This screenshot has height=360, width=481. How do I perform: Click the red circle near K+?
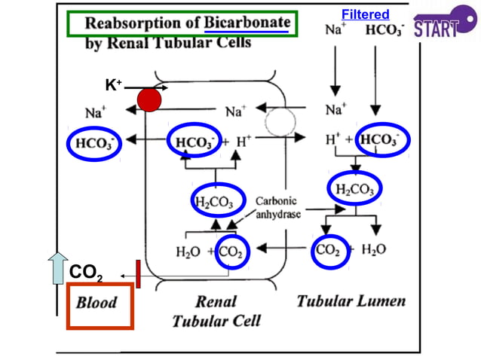click(150, 99)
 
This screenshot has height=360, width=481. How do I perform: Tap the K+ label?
click(114, 85)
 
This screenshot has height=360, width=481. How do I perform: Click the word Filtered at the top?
click(365, 14)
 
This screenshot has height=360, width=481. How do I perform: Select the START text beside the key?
click(436, 29)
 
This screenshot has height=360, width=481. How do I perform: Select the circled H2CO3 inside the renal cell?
click(216, 202)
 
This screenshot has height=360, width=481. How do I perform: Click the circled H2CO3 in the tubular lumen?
click(354, 189)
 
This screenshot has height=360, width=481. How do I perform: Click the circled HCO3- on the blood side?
click(93, 142)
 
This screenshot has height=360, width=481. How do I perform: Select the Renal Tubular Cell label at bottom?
click(216, 311)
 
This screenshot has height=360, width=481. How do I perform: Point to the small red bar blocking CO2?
click(138, 273)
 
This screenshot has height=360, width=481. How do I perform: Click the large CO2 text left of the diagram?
click(86, 273)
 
